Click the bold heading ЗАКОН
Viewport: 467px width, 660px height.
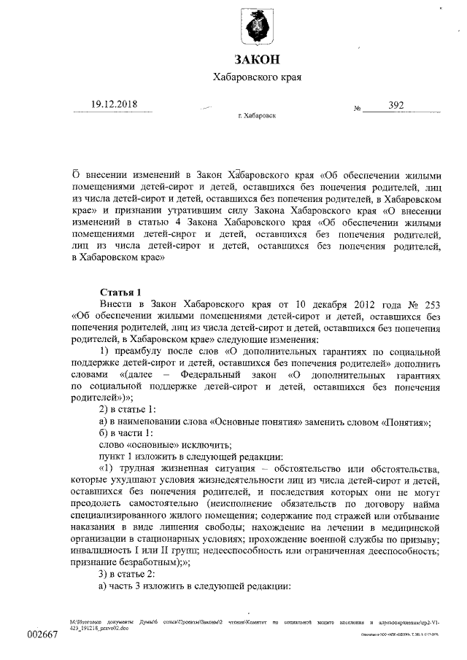pyautogui.click(x=256, y=60)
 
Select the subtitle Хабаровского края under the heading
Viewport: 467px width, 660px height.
pyautogui.click(x=256, y=77)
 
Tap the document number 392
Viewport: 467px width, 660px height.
pyautogui.click(x=396, y=105)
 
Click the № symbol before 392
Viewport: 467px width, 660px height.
pyautogui.click(x=358, y=109)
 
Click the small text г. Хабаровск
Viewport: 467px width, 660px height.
pyautogui.click(x=256, y=116)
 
